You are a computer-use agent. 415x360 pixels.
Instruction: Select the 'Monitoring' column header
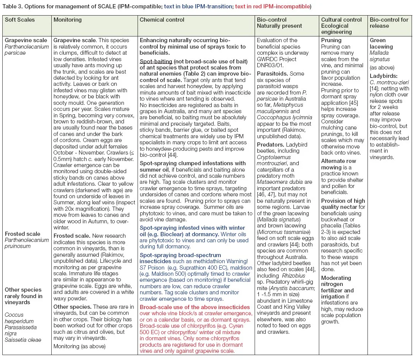(67, 19)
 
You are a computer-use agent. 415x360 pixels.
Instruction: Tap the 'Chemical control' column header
(162, 19)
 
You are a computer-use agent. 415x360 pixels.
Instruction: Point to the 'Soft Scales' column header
(19, 19)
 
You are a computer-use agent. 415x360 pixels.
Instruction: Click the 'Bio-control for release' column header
(389, 23)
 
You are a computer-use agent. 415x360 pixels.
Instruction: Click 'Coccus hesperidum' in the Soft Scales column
(19, 317)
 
